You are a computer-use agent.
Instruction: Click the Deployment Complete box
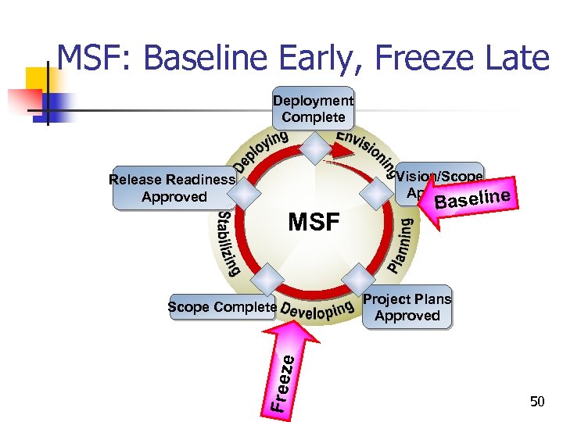314,108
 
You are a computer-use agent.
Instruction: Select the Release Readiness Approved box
174,188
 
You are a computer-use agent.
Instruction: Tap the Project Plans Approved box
407,307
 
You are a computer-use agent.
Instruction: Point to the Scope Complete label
222,307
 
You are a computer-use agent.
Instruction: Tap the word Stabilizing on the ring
228,243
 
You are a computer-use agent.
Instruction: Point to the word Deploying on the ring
262,152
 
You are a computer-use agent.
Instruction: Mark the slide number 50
537,402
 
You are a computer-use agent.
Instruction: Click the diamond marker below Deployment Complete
314,148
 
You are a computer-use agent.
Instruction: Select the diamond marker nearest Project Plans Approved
358,277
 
